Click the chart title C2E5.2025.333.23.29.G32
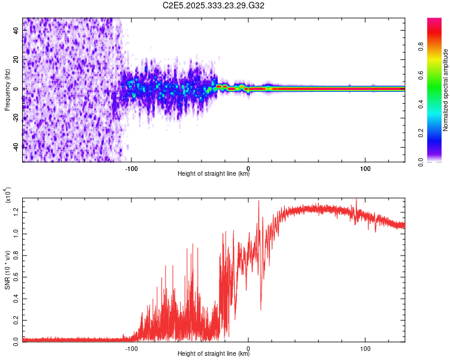[x=214, y=5]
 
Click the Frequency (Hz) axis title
[x=7, y=89]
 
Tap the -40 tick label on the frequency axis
[x=16, y=146]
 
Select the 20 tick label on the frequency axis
[x=16, y=60]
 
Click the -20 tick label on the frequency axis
[x=16, y=118]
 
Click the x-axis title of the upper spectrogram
[x=214, y=174]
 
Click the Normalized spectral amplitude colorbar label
[x=446, y=90]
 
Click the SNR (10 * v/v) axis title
[x=7, y=270]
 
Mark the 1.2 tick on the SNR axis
[x=16, y=211]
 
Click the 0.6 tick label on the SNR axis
[x=16, y=275]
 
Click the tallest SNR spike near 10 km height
[x=259, y=201]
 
